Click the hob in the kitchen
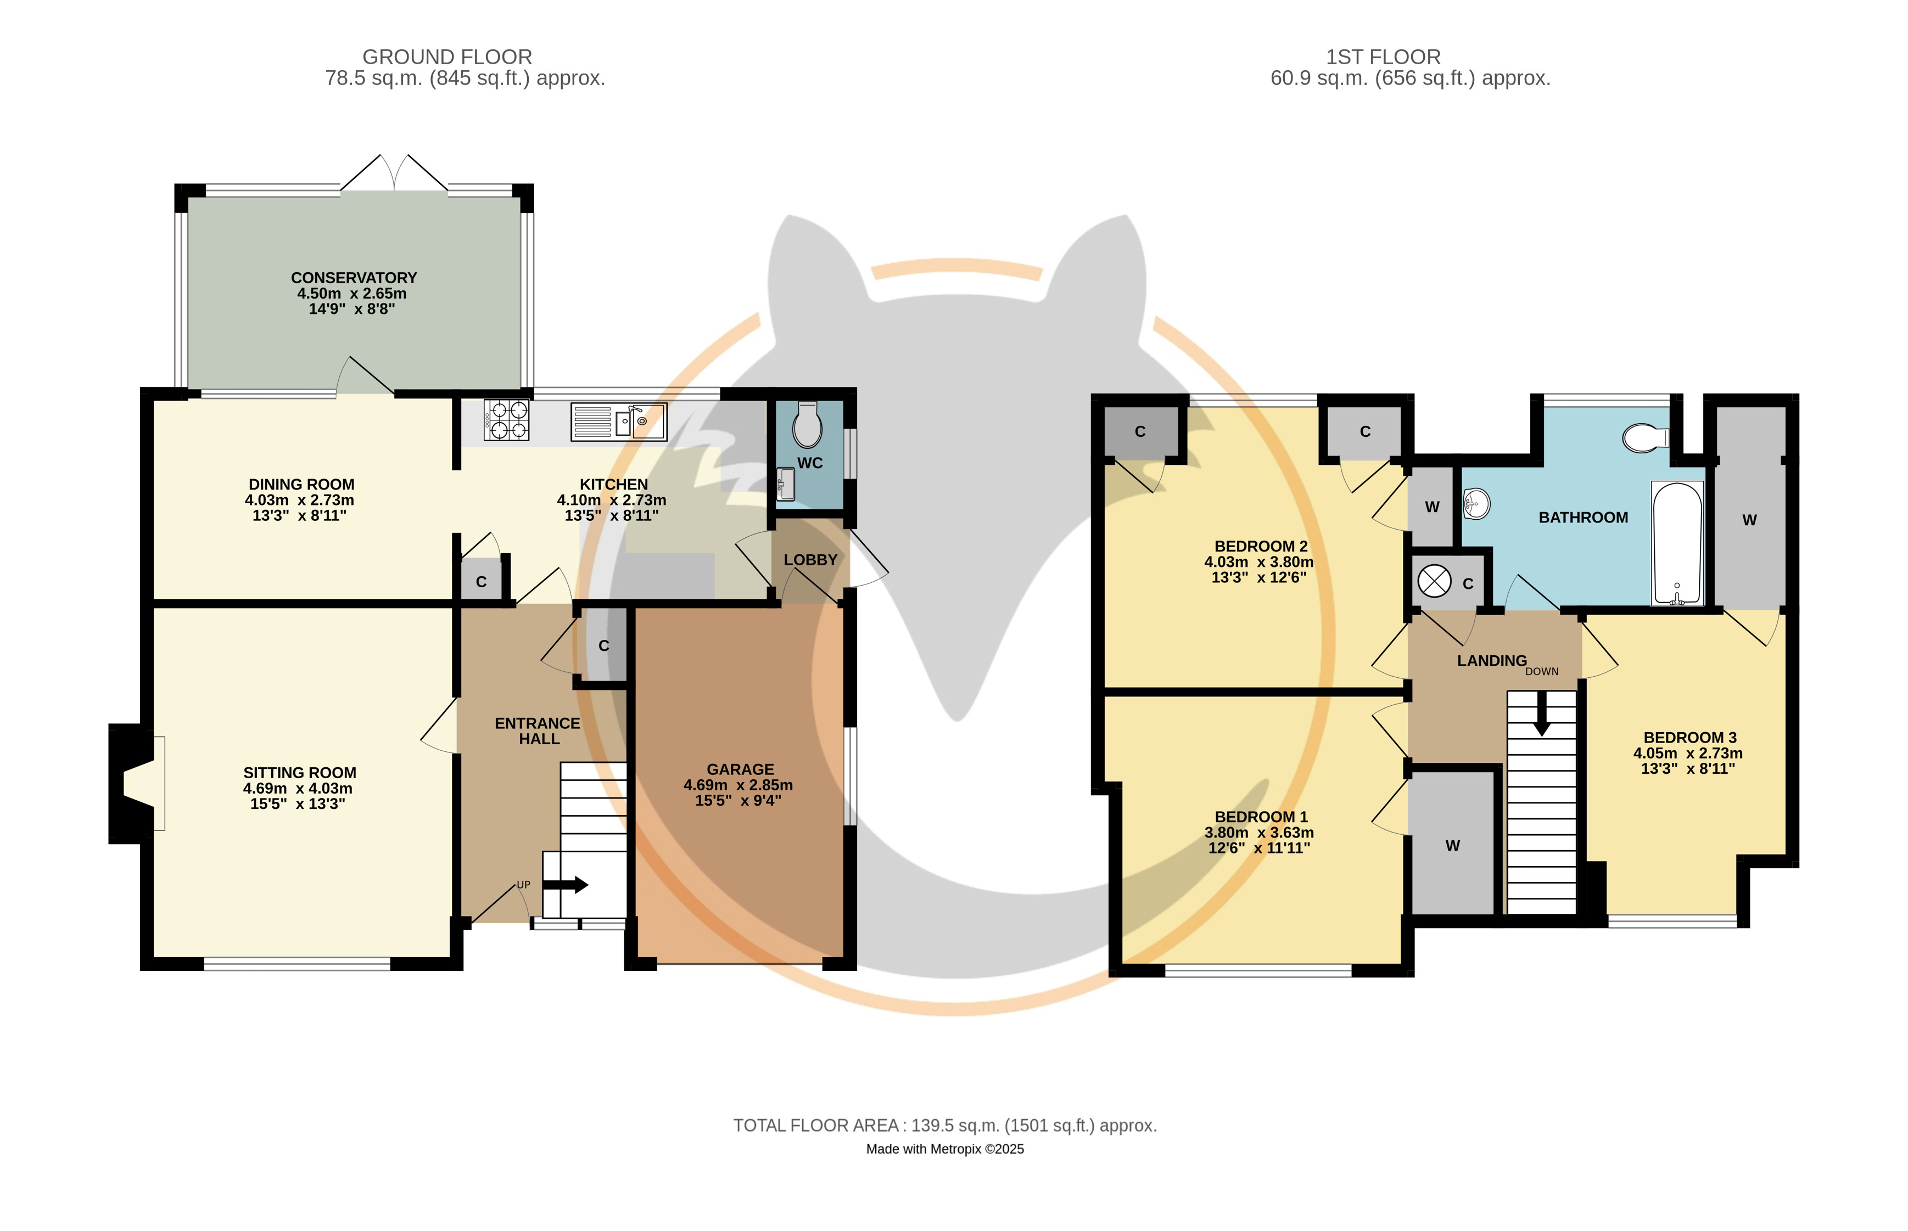coord(506,420)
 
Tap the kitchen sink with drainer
coord(618,421)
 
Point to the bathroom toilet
coord(1646,438)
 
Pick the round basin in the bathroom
coord(1476,504)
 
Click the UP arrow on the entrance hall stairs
coord(566,885)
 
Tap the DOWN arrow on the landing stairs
coord(1542,713)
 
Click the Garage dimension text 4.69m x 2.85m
coord(738,785)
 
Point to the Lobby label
coord(810,560)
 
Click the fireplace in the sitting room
coord(137,783)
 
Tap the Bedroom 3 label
coord(1689,738)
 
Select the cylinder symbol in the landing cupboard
coord(1434,581)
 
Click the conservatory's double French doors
coord(394,173)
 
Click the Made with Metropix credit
coord(944,1149)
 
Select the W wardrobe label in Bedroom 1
coord(1452,846)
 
